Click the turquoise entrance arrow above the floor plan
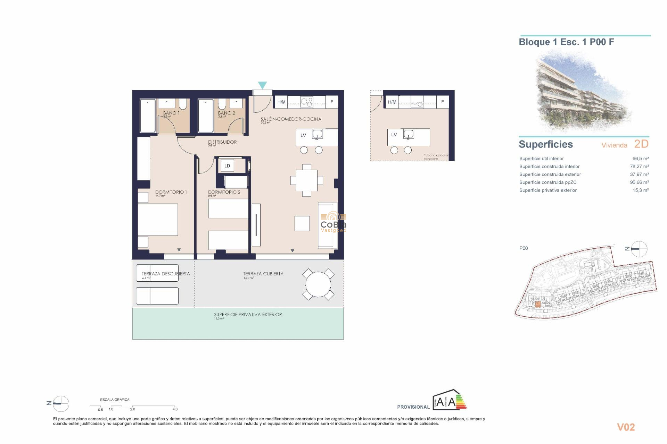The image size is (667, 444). point(262,85)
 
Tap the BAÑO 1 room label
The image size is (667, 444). point(171,113)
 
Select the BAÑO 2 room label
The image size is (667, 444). point(227,113)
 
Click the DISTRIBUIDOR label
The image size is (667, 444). point(222,142)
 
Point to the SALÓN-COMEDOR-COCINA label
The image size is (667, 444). point(291,119)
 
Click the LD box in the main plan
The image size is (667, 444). point(227,166)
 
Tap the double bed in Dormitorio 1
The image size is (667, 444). point(158,220)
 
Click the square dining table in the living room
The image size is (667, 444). point(306,180)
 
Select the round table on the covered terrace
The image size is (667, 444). point(318,284)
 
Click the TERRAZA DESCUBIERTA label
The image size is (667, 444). point(166,274)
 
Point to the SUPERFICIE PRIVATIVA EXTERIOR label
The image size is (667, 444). point(248,315)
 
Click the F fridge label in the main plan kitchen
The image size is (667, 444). point(332,102)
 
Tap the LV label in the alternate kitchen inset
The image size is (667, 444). point(394,135)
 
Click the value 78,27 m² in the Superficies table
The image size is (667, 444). point(639,166)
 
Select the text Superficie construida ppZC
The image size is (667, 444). point(548,182)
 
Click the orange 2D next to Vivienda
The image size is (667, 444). point(641,144)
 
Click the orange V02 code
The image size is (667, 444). point(626,427)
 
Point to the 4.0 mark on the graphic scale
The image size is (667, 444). point(175,409)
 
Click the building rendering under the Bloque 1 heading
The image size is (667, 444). point(584,92)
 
